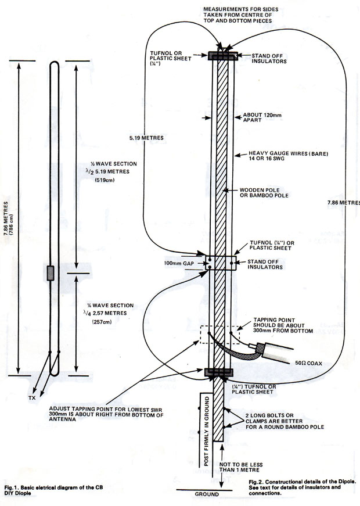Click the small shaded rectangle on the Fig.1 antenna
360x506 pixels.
pyautogui.click(x=51, y=273)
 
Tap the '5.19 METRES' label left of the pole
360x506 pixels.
pyautogui.click(x=145, y=138)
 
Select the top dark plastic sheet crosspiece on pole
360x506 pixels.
pyautogui.click(x=222, y=56)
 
